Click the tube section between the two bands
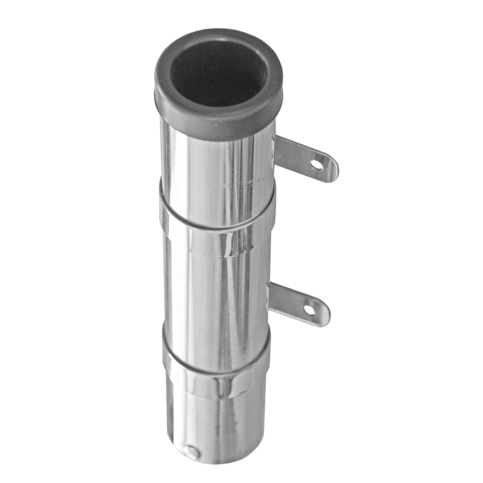(x=217, y=290)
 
